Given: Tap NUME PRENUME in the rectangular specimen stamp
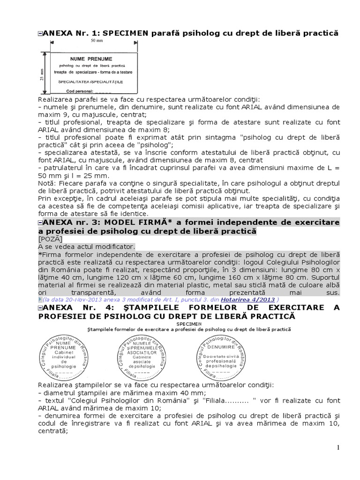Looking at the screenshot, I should point(91,59).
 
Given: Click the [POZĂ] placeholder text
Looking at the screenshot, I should point(49,239).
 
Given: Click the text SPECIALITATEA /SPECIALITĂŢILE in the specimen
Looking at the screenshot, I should point(90,82).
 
